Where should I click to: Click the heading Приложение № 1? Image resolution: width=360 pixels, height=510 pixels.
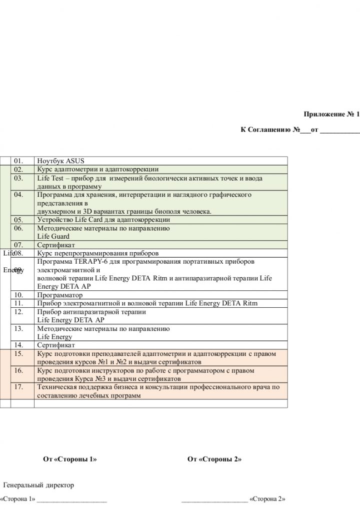point(331,114)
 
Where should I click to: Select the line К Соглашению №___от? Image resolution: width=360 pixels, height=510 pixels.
point(300,130)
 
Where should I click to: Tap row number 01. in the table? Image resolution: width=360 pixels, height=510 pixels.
point(19,161)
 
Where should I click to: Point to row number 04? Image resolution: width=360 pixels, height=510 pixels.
point(19,195)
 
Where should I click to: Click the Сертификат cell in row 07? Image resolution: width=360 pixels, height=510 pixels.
point(56,245)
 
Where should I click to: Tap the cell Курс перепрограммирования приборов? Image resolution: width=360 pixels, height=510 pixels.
point(98,253)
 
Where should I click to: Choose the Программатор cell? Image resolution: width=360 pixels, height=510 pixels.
point(60,295)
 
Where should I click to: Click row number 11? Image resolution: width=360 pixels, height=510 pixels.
point(19,303)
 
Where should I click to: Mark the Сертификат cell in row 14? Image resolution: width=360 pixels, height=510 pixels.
point(56,345)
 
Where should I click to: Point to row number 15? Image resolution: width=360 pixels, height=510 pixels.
point(19,354)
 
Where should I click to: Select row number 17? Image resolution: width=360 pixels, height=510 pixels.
point(19,387)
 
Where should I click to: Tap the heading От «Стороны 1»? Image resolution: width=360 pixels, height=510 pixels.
point(70,459)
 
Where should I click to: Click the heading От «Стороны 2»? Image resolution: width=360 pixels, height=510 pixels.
point(214,459)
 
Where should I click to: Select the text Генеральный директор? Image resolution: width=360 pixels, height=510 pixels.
point(39,485)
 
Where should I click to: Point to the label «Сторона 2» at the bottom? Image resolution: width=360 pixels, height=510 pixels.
point(267,499)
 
